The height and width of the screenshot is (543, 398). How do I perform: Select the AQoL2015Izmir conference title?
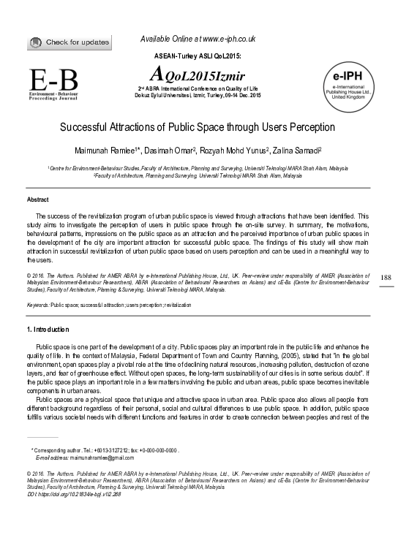tap(197, 75)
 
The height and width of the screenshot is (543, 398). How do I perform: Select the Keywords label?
tap(37, 303)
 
